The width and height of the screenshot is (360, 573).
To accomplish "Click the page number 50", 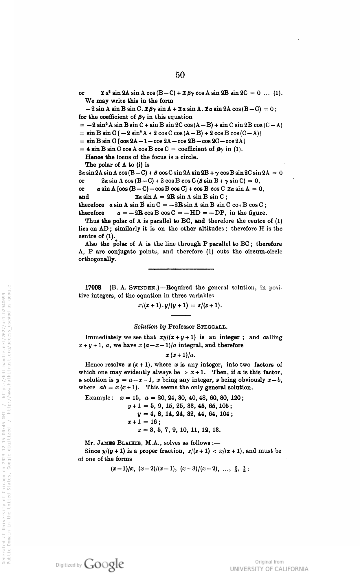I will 180,75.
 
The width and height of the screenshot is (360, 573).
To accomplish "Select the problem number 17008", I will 93,288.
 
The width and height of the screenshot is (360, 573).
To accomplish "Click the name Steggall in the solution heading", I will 212,327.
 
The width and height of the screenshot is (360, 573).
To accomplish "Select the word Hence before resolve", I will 93,364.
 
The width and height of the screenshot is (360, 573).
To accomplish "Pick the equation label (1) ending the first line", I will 278,93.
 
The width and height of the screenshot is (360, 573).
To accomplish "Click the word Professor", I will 181,327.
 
